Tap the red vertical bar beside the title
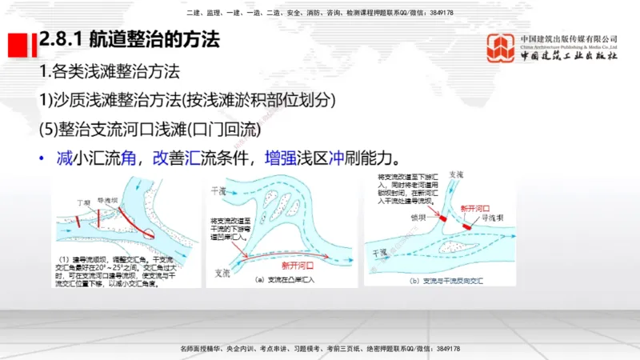34,45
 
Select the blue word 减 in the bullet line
65,157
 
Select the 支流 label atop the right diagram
456,174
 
